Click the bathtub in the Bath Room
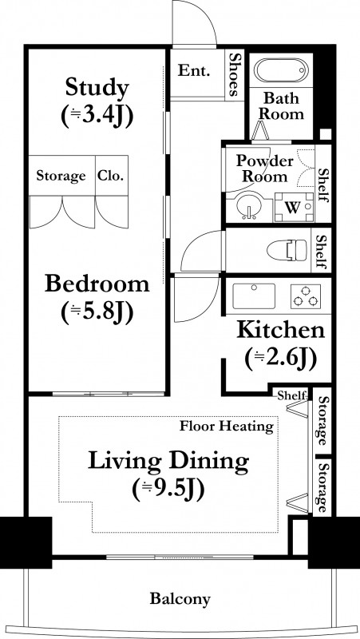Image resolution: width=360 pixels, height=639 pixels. click(281, 70)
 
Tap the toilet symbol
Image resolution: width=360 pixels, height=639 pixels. click(287, 250)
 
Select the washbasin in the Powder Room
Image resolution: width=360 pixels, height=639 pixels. click(248, 206)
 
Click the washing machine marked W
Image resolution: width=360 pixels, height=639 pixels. click(294, 207)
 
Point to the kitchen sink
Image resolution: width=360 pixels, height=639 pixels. click(254, 296)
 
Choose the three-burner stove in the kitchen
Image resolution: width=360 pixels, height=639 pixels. click(306, 296)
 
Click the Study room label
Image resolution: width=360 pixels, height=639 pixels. click(97, 87)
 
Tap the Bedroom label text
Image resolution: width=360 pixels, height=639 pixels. click(97, 284)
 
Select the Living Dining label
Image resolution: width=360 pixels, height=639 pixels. click(168, 462)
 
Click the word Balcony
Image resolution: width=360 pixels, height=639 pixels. click(180, 598)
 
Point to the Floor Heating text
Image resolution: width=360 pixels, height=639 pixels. click(227, 427)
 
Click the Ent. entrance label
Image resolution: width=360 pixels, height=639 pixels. click(194, 71)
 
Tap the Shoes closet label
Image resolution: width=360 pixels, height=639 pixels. click(234, 74)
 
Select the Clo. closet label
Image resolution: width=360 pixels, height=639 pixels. click(110, 176)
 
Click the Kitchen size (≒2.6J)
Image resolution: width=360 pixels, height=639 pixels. click(281, 359)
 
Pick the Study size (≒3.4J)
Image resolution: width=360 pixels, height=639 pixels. click(97, 117)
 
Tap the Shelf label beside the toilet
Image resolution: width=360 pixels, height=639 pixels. click(322, 252)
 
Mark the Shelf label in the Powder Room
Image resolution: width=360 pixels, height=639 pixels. click(322, 185)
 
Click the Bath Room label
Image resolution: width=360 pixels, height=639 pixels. click(281, 106)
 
